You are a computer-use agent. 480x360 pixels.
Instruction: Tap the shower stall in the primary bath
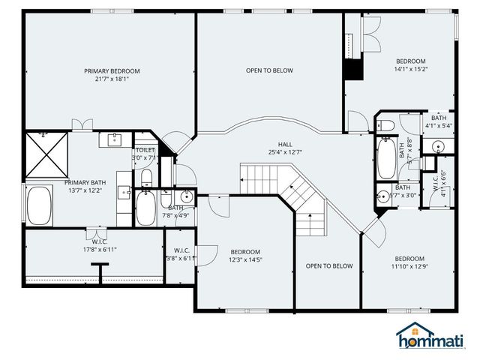[45, 154]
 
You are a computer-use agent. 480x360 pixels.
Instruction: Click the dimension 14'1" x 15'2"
[410, 70]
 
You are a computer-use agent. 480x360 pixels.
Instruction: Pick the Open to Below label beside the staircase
[328, 266]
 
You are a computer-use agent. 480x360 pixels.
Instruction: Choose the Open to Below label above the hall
[269, 71]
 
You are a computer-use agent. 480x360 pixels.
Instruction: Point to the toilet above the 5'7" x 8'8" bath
[384, 124]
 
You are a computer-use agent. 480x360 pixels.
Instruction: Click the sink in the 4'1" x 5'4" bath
[430, 145]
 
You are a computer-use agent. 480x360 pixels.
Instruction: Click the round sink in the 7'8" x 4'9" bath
[187, 198]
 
